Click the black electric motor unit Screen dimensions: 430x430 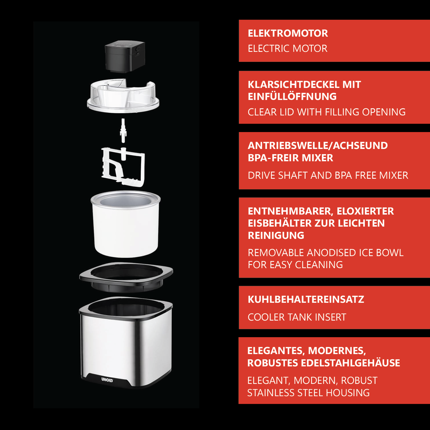point(125,57)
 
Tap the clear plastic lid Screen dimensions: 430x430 point(123,97)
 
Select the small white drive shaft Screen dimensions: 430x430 point(123,130)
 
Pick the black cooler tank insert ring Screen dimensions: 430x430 point(126,277)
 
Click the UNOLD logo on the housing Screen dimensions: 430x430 point(107,379)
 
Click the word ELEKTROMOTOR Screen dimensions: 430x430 point(288,33)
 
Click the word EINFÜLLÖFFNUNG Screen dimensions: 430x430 point(292,97)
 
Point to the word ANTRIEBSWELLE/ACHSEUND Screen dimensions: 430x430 point(318,145)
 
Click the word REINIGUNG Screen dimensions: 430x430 point(276,236)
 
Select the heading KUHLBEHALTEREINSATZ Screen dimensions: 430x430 point(306,299)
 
